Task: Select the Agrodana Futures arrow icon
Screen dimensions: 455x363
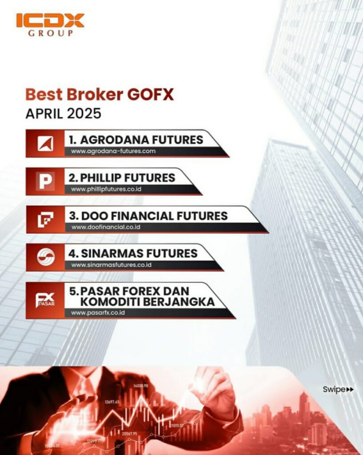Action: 45,144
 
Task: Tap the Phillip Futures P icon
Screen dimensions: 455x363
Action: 45,181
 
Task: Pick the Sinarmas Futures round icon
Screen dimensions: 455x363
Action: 45,257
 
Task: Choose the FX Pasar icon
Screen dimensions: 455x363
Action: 45,300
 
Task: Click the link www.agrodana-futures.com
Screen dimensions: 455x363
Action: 113,152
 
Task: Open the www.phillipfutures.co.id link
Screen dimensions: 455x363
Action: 106,190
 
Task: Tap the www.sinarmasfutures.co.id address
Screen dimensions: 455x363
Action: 112,265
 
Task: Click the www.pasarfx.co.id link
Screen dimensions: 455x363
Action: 97,313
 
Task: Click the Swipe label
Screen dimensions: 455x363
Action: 334,390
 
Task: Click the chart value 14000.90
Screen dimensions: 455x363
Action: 140,385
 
